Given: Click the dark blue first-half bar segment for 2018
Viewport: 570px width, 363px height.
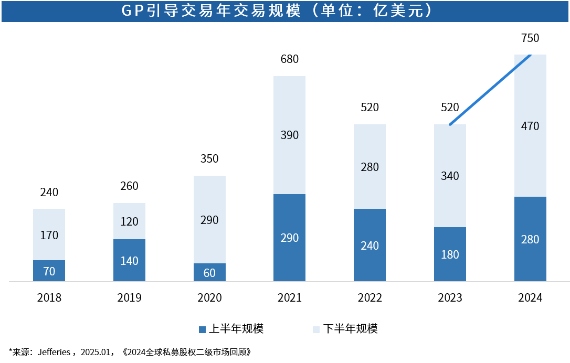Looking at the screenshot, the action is [49, 271].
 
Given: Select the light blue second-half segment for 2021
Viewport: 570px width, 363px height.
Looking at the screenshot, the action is [289, 135].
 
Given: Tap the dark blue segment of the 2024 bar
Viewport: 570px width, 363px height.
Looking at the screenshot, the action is [530, 239].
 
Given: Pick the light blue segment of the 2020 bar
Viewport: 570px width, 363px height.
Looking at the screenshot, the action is [209, 219].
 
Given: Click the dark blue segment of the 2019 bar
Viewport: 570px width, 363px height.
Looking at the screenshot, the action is [130, 260].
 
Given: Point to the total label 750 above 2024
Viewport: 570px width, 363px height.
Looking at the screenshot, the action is [530, 38].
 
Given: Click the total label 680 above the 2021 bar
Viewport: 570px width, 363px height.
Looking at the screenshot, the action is [289, 59].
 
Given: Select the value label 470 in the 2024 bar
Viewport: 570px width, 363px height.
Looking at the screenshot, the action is [530, 126].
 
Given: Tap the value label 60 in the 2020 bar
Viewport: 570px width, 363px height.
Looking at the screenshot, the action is [209, 273].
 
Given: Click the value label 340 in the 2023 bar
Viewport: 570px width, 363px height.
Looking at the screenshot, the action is [450, 176].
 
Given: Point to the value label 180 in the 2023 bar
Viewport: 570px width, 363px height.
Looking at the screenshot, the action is [450, 254].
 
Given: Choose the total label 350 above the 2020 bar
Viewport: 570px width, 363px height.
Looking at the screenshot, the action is [209, 158].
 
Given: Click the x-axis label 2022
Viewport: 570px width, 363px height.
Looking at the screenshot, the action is [370, 297].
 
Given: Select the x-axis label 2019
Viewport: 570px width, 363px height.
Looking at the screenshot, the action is [130, 297].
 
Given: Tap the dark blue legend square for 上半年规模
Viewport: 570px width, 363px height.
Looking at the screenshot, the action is [203, 329].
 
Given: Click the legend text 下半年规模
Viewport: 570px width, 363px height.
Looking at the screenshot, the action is [351, 328].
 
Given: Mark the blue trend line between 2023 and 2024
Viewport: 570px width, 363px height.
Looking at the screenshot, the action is [490, 90].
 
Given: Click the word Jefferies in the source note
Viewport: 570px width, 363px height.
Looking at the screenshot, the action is [54, 352].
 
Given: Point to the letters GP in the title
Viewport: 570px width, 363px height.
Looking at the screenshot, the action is [133, 10].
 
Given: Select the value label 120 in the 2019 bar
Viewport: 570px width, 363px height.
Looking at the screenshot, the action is [130, 221].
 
